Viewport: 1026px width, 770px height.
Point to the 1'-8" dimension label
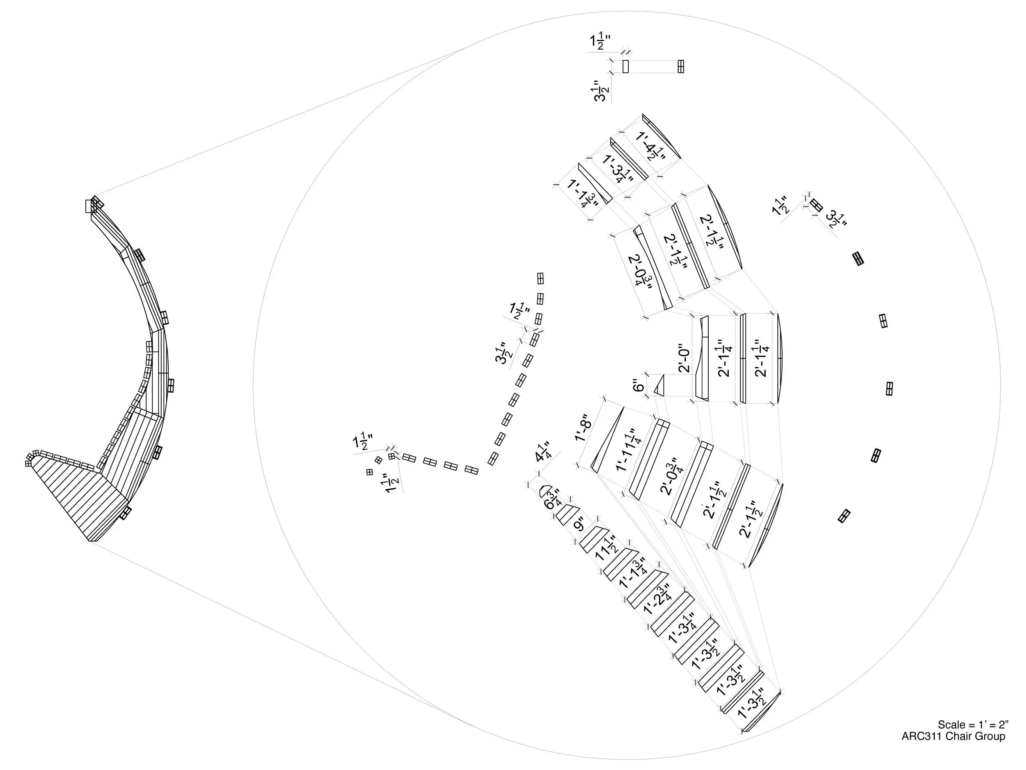click(x=584, y=428)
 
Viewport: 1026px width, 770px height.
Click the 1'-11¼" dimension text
click(x=626, y=451)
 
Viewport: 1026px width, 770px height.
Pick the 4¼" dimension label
click(x=542, y=452)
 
